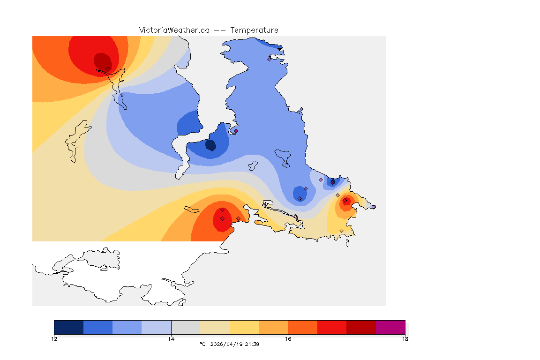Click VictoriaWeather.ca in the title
coord(174,30)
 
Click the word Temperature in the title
coord(254,30)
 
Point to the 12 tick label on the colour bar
coord(54,339)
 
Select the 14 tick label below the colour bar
coord(171,339)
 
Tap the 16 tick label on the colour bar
coord(288,339)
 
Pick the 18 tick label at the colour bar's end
coord(405,339)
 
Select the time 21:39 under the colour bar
coord(253,344)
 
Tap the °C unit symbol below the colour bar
coord(202,344)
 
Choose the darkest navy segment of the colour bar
coord(68,327)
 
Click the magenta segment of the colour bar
coord(390,327)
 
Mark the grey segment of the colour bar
coord(186,327)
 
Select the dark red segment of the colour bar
coord(361,327)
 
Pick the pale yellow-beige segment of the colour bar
coord(215,327)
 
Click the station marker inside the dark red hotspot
coord(108,68)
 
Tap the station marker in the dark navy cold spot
coord(212,149)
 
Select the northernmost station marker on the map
coord(269,59)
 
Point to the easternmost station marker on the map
coord(374,207)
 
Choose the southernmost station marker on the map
coord(341,231)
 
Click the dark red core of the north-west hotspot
coord(102,61)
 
